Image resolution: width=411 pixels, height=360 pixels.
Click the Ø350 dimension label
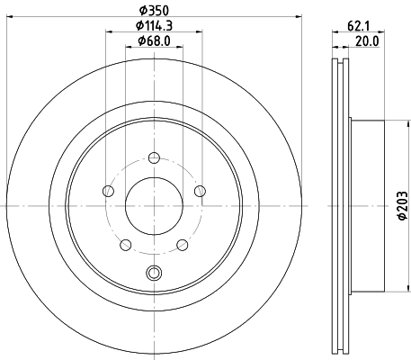coord(154,11)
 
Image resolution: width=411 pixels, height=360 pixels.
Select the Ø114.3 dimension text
coord(154,25)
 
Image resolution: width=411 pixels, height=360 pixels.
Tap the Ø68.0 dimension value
coord(154,40)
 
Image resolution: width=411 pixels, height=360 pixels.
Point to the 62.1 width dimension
coord(359,26)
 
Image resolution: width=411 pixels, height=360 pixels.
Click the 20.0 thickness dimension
coord(367,41)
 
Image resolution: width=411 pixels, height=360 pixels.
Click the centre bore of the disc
coord(154,206)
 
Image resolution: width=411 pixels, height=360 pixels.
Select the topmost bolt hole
coord(154,157)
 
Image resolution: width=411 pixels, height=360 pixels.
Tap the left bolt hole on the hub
coord(108,191)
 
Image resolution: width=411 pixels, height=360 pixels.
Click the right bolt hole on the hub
coord(200,191)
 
